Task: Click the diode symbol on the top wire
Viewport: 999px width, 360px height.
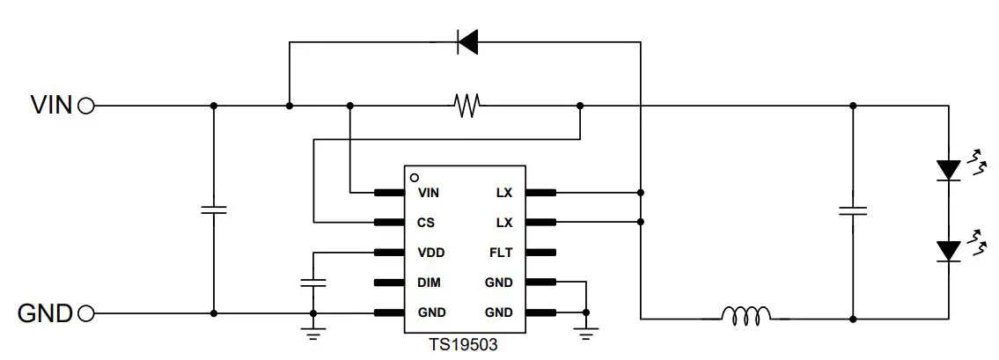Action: click(466, 40)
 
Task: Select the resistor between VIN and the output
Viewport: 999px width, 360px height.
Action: click(466, 106)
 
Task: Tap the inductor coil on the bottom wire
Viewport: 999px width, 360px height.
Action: click(746, 314)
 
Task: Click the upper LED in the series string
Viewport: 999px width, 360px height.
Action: click(948, 169)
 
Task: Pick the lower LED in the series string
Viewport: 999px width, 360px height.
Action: click(948, 250)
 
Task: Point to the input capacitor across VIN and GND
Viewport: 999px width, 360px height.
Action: click(213, 209)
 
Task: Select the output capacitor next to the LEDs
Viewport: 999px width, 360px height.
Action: click(852, 210)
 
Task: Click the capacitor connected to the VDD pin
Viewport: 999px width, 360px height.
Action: click(312, 283)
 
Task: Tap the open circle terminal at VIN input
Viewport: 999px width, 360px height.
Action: click(86, 106)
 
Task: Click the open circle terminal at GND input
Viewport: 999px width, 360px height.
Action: click(86, 313)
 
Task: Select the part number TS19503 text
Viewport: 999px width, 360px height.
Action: click(464, 345)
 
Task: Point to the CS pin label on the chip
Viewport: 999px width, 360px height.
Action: click(427, 223)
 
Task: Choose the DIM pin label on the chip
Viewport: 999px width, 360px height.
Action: click(430, 283)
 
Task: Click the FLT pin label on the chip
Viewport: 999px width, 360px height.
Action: click(501, 253)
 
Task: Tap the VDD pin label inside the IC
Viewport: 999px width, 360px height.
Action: click(430, 253)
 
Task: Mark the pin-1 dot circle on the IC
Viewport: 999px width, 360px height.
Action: click(414, 177)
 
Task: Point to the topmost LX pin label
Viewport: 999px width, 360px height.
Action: click(504, 193)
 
